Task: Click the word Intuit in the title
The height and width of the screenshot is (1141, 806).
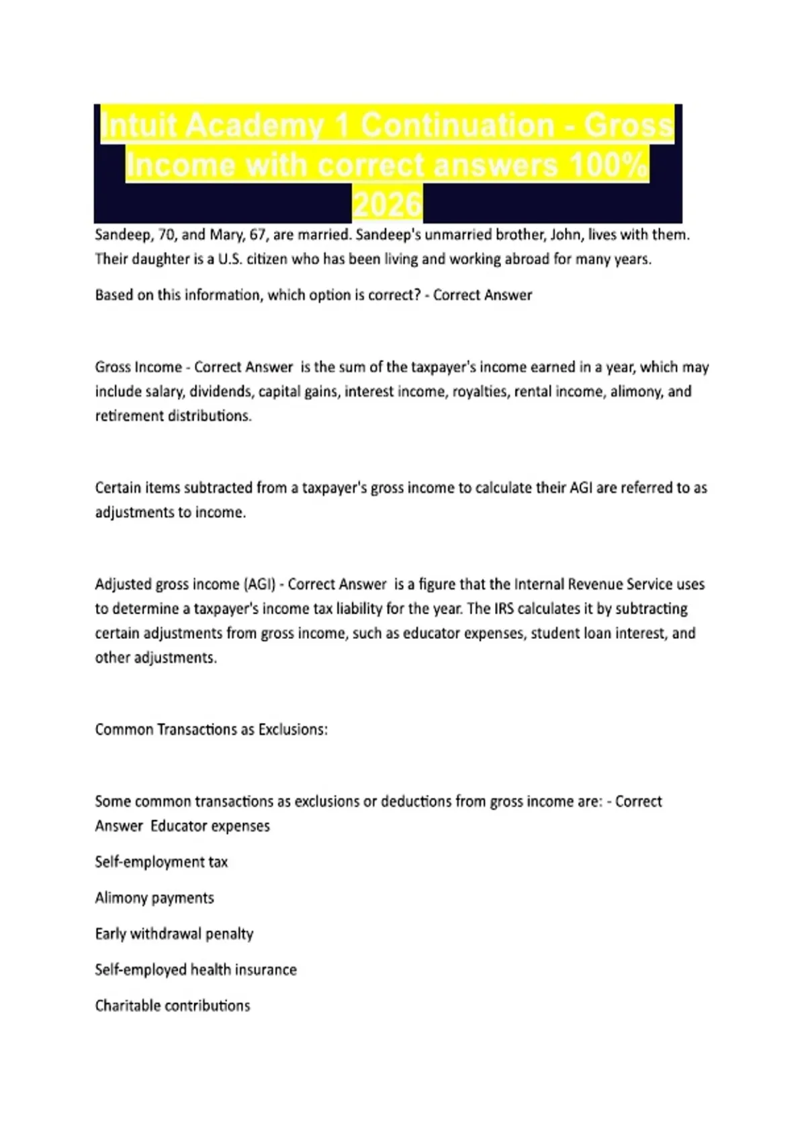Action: (x=138, y=126)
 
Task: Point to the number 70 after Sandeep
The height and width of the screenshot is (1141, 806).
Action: (x=167, y=235)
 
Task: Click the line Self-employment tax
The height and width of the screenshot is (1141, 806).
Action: (x=161, y=862)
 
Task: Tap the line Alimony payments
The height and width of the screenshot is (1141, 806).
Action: (x=154, y=898)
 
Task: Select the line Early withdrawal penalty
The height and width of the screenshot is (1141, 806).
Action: (x=174, y=934)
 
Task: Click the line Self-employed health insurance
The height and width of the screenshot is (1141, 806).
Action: (x=195, y=970)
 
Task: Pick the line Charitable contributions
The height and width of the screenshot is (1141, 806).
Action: (x=173, y=1006)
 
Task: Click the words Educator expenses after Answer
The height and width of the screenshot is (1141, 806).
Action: (x=210, y=826)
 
